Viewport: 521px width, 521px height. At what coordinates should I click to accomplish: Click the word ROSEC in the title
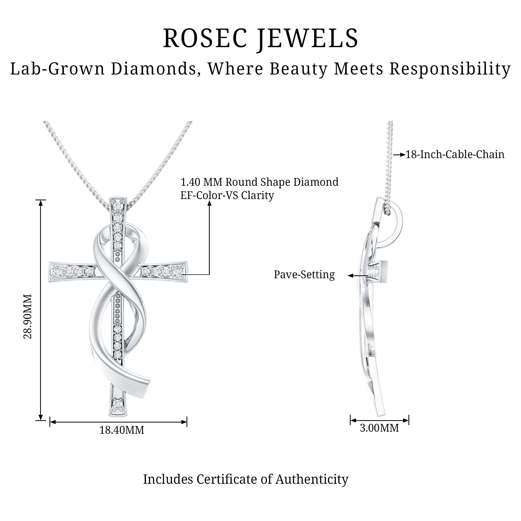point(205,39)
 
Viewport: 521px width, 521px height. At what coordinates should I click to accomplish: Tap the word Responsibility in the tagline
point(450,69)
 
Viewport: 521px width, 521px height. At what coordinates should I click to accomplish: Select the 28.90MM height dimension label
point(28,316)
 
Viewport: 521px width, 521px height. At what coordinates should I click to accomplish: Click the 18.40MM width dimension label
point(122,430)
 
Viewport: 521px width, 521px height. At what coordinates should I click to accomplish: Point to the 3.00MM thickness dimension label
point(379,428)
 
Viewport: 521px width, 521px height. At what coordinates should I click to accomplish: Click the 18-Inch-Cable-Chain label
point(455,154)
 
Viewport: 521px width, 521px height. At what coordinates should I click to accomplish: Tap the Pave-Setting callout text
point(304,275)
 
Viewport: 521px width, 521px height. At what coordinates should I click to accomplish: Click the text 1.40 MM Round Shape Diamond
point(259,182)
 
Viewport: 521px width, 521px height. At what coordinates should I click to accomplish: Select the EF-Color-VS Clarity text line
point(227,195)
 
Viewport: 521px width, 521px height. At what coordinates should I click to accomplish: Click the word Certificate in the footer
point(234,479)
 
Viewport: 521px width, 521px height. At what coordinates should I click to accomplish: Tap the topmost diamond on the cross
point(118,207)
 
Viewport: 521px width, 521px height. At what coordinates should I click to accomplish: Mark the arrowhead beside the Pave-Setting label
point(351,276)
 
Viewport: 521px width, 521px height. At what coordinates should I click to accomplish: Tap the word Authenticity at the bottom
point(312,479)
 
